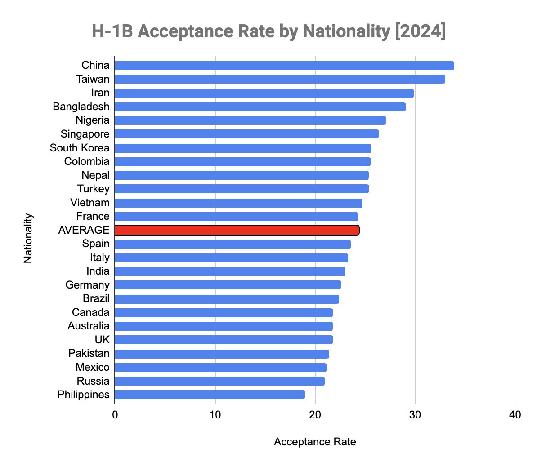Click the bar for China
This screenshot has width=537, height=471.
point(284,66)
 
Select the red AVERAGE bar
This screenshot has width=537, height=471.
point(237,230)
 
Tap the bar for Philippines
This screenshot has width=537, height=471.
point(210,395)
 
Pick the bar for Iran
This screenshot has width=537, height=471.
point(264,93)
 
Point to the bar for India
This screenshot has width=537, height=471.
point(230,271)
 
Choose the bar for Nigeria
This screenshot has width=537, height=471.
point(250,120)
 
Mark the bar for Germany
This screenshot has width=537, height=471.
point(228,285)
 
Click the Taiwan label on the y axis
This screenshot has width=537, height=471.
point(93,79)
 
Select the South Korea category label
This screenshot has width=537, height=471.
point(80,148)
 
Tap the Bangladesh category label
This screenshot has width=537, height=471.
point(81,107)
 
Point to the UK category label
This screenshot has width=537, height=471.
point(102,340)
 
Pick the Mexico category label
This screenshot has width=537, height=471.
point(93,367)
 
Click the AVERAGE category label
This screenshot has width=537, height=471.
point(84,230)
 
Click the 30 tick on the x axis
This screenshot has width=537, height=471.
point(415,414)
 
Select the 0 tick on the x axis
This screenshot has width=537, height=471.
point(115,414)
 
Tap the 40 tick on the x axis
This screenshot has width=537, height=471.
point(515,414)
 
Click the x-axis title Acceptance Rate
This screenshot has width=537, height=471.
point(315,442)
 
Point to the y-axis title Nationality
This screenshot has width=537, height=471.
point(28,238)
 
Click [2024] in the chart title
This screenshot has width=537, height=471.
point(420,31)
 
